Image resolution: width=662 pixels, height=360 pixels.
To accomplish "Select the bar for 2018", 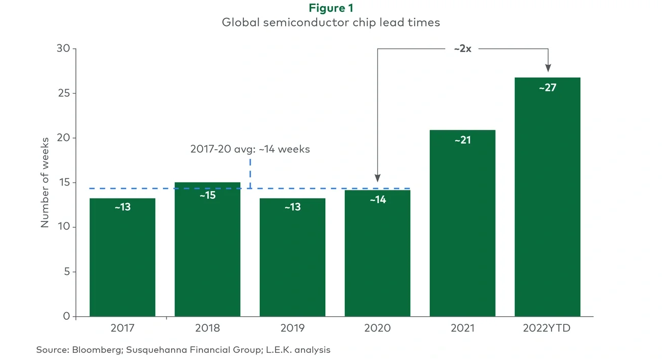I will tap(207, 250).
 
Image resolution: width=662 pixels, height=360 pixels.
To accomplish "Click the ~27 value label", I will tap(547, 88).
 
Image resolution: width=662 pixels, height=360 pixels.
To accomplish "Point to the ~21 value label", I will tap(462, 140).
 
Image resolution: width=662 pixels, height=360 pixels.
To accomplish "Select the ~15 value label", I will tap(207, 195).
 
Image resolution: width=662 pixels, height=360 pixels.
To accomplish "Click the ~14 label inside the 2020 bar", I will tap(377, 200).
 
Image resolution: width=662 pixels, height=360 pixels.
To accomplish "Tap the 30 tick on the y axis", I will tap(64, 49).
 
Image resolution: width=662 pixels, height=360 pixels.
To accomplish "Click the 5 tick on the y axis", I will tap(67, 272).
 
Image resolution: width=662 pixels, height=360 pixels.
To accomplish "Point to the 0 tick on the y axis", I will tap(67, 316).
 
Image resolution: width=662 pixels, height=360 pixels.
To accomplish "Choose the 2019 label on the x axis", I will tap(292, 328).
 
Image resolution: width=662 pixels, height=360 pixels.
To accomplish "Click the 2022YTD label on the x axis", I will tap(547, 328).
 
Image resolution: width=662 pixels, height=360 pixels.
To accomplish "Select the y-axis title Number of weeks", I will tap(45, 182).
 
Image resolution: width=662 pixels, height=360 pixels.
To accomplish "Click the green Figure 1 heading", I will tap(331, 8).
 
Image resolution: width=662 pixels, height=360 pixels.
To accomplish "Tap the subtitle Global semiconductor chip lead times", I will tap(331, 23).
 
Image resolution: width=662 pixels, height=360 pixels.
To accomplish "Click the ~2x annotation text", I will tap(462, 49).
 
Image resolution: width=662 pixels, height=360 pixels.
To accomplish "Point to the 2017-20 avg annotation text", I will tap(250, 150).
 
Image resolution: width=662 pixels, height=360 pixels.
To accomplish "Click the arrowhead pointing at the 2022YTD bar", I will tap(548, 68).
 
